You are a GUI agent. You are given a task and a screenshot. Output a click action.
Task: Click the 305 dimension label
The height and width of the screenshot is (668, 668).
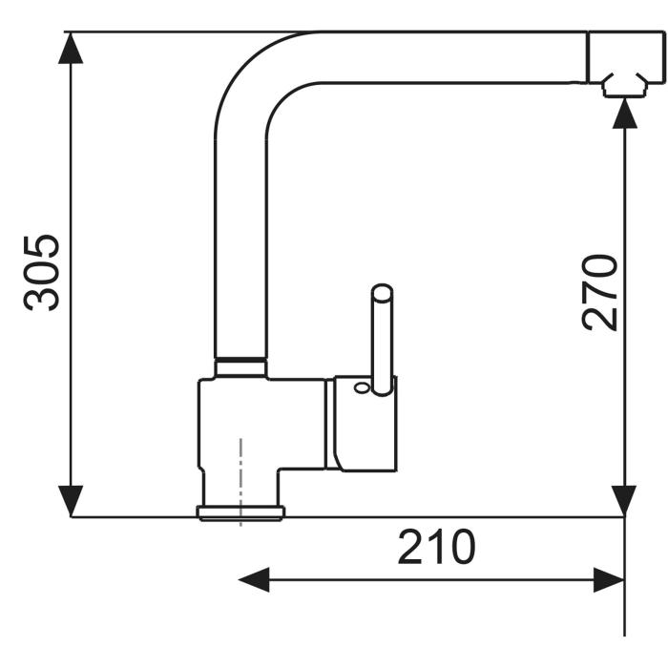click(x=41, y=273)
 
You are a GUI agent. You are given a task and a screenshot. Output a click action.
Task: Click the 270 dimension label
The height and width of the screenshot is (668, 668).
click(x=599, y=293)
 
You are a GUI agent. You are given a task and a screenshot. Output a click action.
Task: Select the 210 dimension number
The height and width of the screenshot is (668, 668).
click(x=436, y=547)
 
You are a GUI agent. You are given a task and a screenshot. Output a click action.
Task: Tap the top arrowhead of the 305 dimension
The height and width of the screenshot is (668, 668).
click(x=71, y=48)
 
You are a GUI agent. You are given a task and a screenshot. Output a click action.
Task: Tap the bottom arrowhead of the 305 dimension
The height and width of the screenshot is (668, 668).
click(x=71, y=501)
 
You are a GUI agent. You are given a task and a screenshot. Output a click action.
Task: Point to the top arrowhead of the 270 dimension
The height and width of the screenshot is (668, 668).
click(x=624, y=113)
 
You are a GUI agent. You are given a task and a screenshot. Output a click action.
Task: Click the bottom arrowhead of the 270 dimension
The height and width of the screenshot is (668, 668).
click(x=624, y=501)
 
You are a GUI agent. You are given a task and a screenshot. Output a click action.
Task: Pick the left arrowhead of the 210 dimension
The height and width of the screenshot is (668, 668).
click(x=254, y=580)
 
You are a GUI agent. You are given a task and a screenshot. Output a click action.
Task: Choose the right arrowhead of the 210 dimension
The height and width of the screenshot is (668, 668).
click(x=609, y=580)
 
